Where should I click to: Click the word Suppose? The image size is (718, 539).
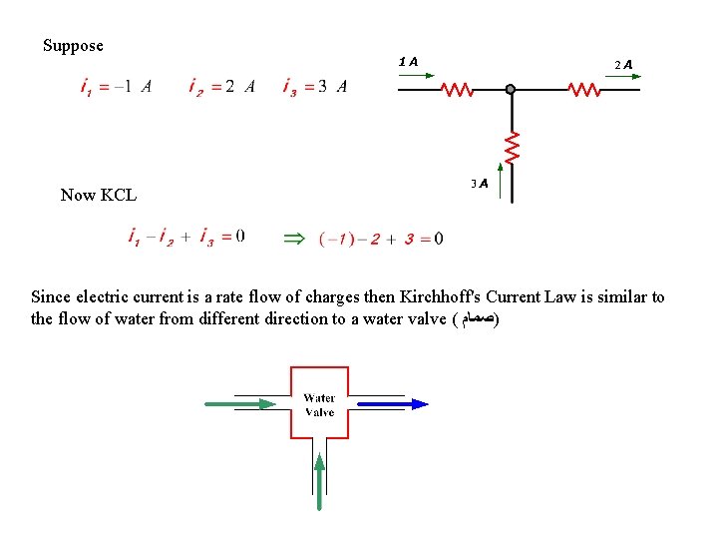click(x=73, y=46)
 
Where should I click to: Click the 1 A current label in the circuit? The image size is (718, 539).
click(x=408, y=62)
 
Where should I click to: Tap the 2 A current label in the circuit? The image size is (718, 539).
click(x=623, y=64)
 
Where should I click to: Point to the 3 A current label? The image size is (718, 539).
click(x=479, y=184)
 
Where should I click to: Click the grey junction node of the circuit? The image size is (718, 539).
click(x=511, y=90)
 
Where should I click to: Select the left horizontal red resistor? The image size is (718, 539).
click(x=457, y=90)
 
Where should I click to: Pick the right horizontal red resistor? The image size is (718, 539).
click(x=584, y=90)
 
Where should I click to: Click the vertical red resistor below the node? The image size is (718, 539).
click(x=512, y=147)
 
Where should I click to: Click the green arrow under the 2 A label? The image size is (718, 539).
click(x=619, y=77)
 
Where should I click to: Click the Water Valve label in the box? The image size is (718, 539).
click(x=319, y=404)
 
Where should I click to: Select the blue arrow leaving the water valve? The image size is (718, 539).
click(x=392, y=404)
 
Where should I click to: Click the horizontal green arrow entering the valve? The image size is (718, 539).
click(x=240, y=404)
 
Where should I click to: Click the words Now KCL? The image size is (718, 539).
click(x=98, y=196)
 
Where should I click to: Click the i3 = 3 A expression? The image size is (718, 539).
click(x=315, y=87)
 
